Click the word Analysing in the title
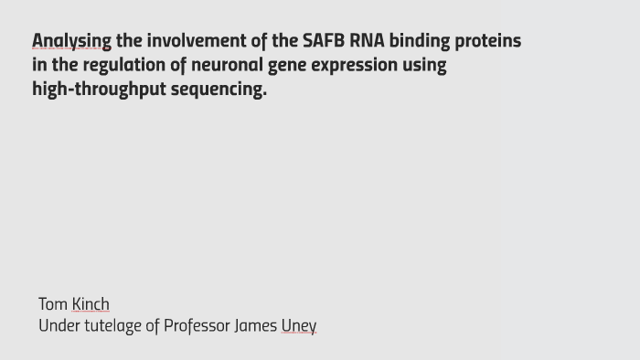(71, 41)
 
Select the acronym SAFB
(324, 41)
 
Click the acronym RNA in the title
(367, 41)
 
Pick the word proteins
(488, 41)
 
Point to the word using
(425, 66)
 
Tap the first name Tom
(53, 304)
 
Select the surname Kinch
(91, 304)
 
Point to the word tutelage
(112, 326)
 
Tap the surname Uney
(299, 326)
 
